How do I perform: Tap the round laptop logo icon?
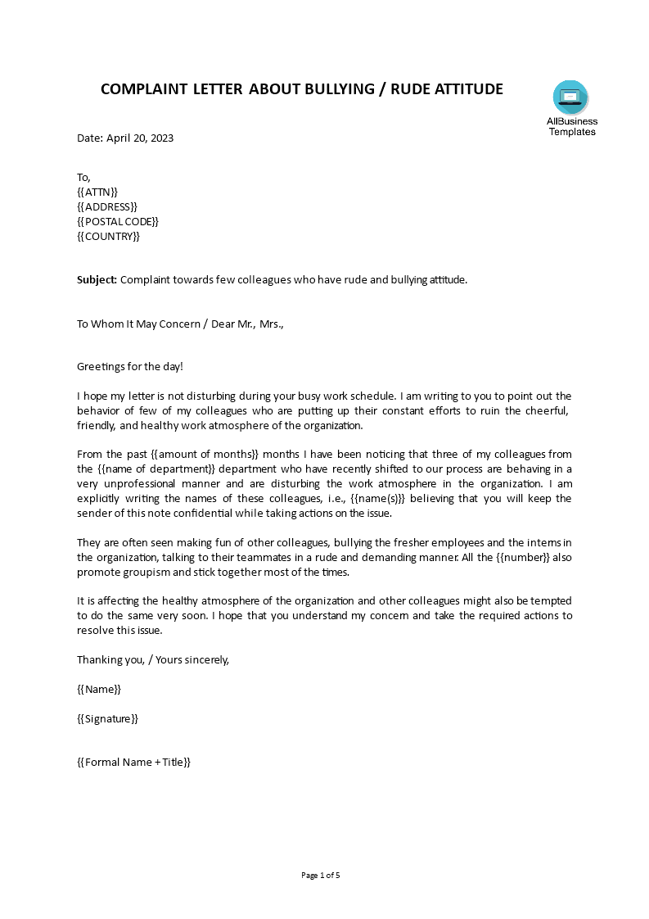(570, 97)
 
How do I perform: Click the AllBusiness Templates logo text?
(571, 127)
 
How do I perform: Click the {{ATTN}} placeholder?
(97, 192)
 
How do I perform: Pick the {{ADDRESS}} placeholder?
(107, 206)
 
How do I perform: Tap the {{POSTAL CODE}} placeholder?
(118, 221)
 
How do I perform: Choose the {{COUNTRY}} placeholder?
(109, 236)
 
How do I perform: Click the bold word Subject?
(97, 279)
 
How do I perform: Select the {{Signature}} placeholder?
(107, 718)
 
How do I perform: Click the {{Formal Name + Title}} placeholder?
(133, 762)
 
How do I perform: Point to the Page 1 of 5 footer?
(320, 875)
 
